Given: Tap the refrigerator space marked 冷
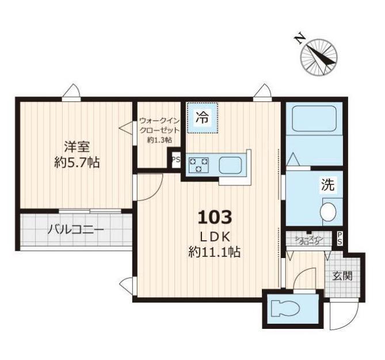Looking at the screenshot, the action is [203, 118].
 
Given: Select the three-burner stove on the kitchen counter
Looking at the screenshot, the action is [199, 164].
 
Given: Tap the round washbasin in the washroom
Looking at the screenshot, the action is [328, 211].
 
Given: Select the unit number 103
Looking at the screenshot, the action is [215, 217].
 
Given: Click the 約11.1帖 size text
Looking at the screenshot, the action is [214, 251].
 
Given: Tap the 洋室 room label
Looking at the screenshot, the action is [77, 147].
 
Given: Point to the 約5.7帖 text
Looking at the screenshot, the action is [77, 162].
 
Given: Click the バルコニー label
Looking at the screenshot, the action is [75, 230].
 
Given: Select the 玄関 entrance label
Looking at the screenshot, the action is [342, 276].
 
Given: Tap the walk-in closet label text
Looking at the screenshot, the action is [159, 130].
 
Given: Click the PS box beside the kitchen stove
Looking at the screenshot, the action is [176, 160].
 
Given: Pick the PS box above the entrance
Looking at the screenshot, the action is [340, 238].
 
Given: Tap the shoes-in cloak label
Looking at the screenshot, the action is [310, 240].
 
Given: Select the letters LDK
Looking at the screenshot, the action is [215, 237].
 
